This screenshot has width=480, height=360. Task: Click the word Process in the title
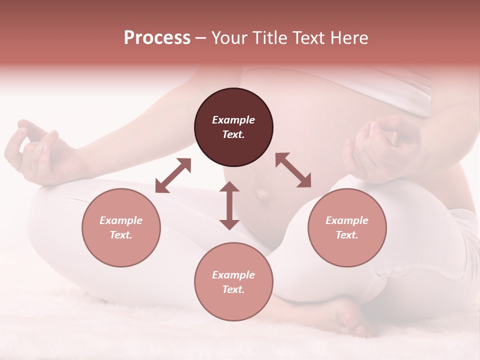(x=157, y=38)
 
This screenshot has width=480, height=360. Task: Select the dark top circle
(x=233, y=127)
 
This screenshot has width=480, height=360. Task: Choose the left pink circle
(x=121, y=227)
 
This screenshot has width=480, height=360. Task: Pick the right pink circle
(x=346, y=227)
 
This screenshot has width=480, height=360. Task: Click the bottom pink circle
(x=233, y=282)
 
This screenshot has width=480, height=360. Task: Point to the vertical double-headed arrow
(x=229, y=205)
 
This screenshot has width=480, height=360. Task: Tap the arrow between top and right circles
(x=293, y=170)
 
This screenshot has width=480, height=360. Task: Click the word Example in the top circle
(x=233, y=120)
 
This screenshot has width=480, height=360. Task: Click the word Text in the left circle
(x=121, y=235)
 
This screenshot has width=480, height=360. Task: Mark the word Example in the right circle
(x=346, y=220)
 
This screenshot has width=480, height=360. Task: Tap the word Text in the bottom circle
(x=233, y=289)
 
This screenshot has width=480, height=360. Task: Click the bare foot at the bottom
(x=350, y=317)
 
